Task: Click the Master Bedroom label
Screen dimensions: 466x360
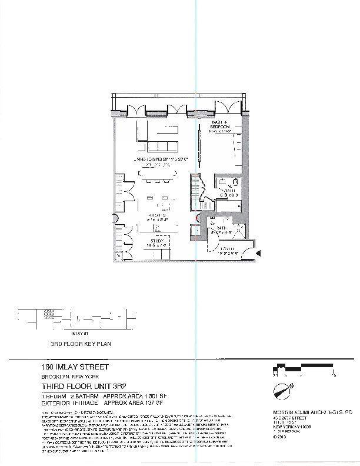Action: [220, 126]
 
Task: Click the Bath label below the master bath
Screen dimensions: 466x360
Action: [221, 227]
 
